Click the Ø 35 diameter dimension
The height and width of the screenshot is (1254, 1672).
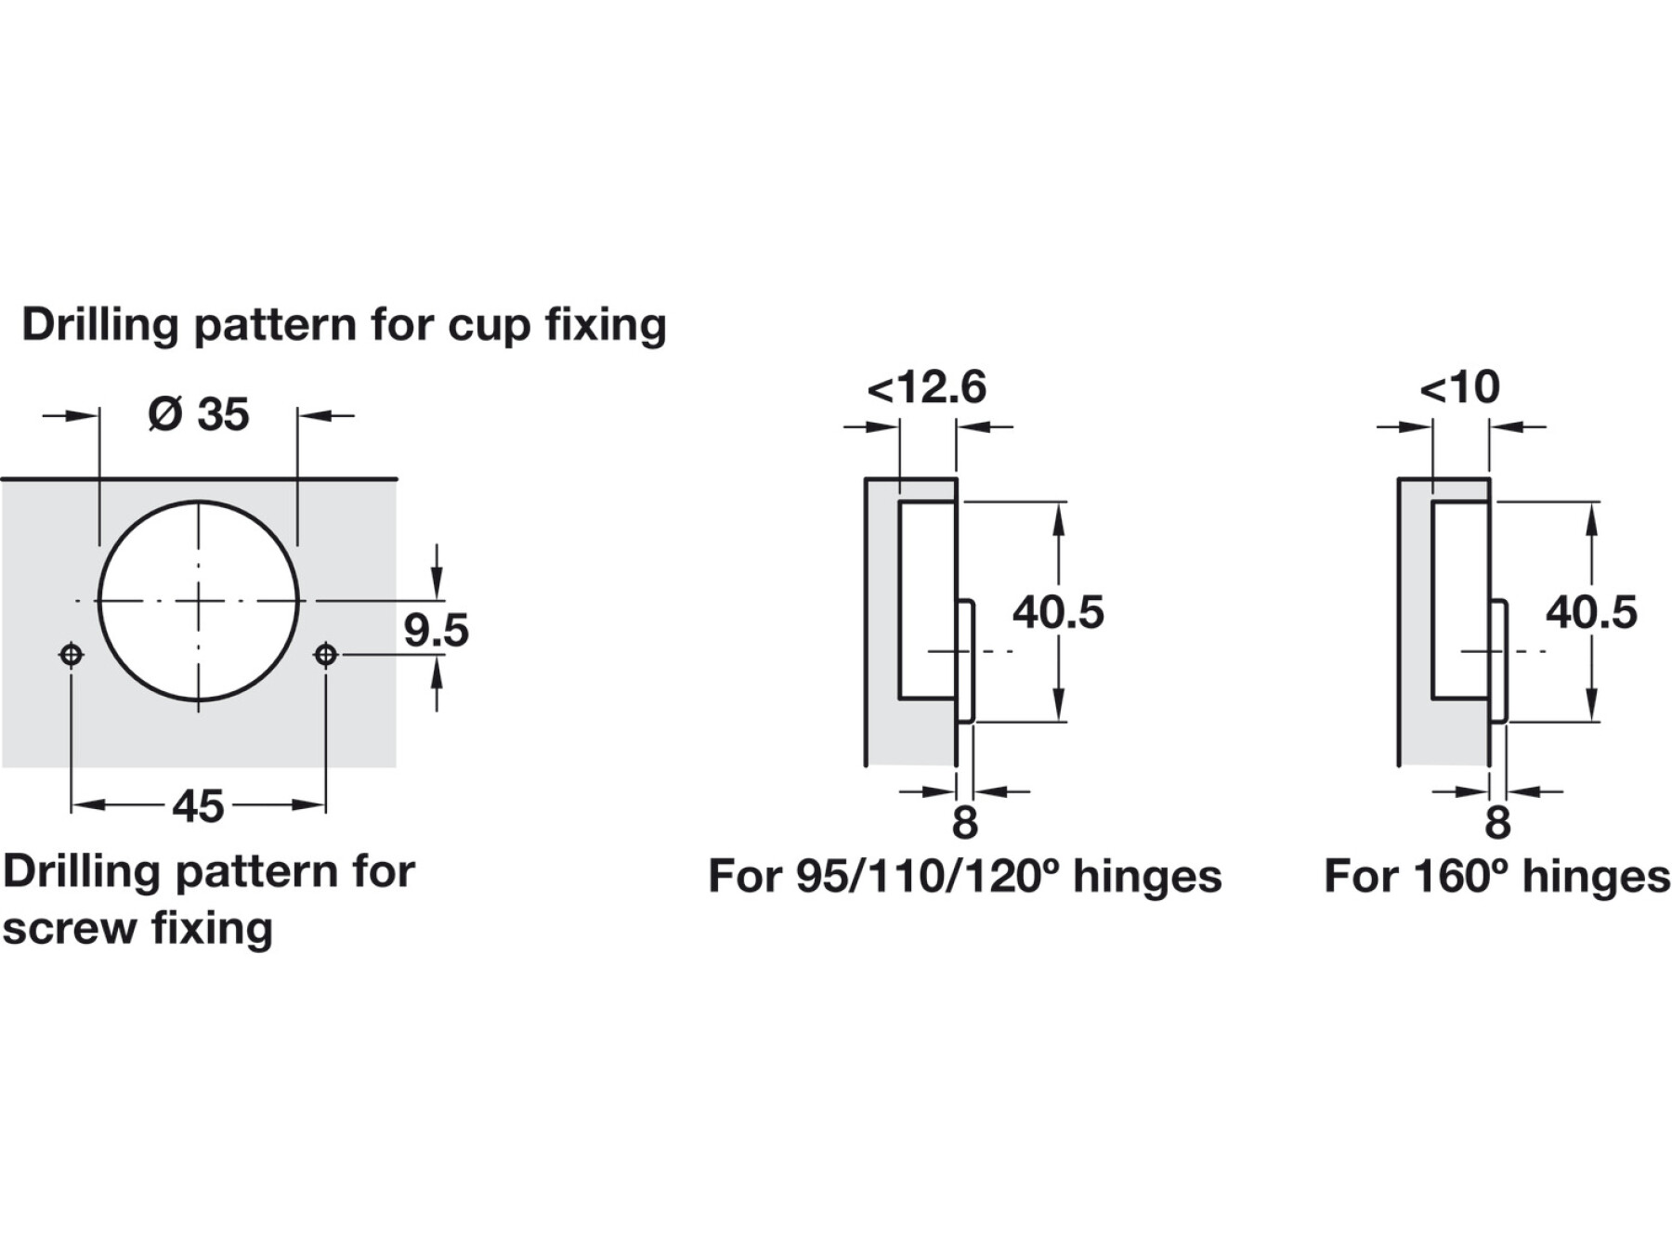(x=199, y=414)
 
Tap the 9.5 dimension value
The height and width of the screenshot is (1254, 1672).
(x=436, y=630)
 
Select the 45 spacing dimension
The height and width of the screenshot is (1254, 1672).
(x=198, y=806)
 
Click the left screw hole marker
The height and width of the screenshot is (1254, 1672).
(x=71, y=655)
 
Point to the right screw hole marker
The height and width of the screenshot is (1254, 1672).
(x=324, y=655)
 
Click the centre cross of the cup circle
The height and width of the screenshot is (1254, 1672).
(x=198, y=601)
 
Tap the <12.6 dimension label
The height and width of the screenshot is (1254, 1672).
(x=926, y=386)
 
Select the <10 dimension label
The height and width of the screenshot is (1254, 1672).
(x=1459, y=386)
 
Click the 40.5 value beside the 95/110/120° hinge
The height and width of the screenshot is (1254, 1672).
(x=1058, y=612)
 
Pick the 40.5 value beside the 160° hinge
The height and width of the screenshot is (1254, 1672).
(x=1591, y=612)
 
